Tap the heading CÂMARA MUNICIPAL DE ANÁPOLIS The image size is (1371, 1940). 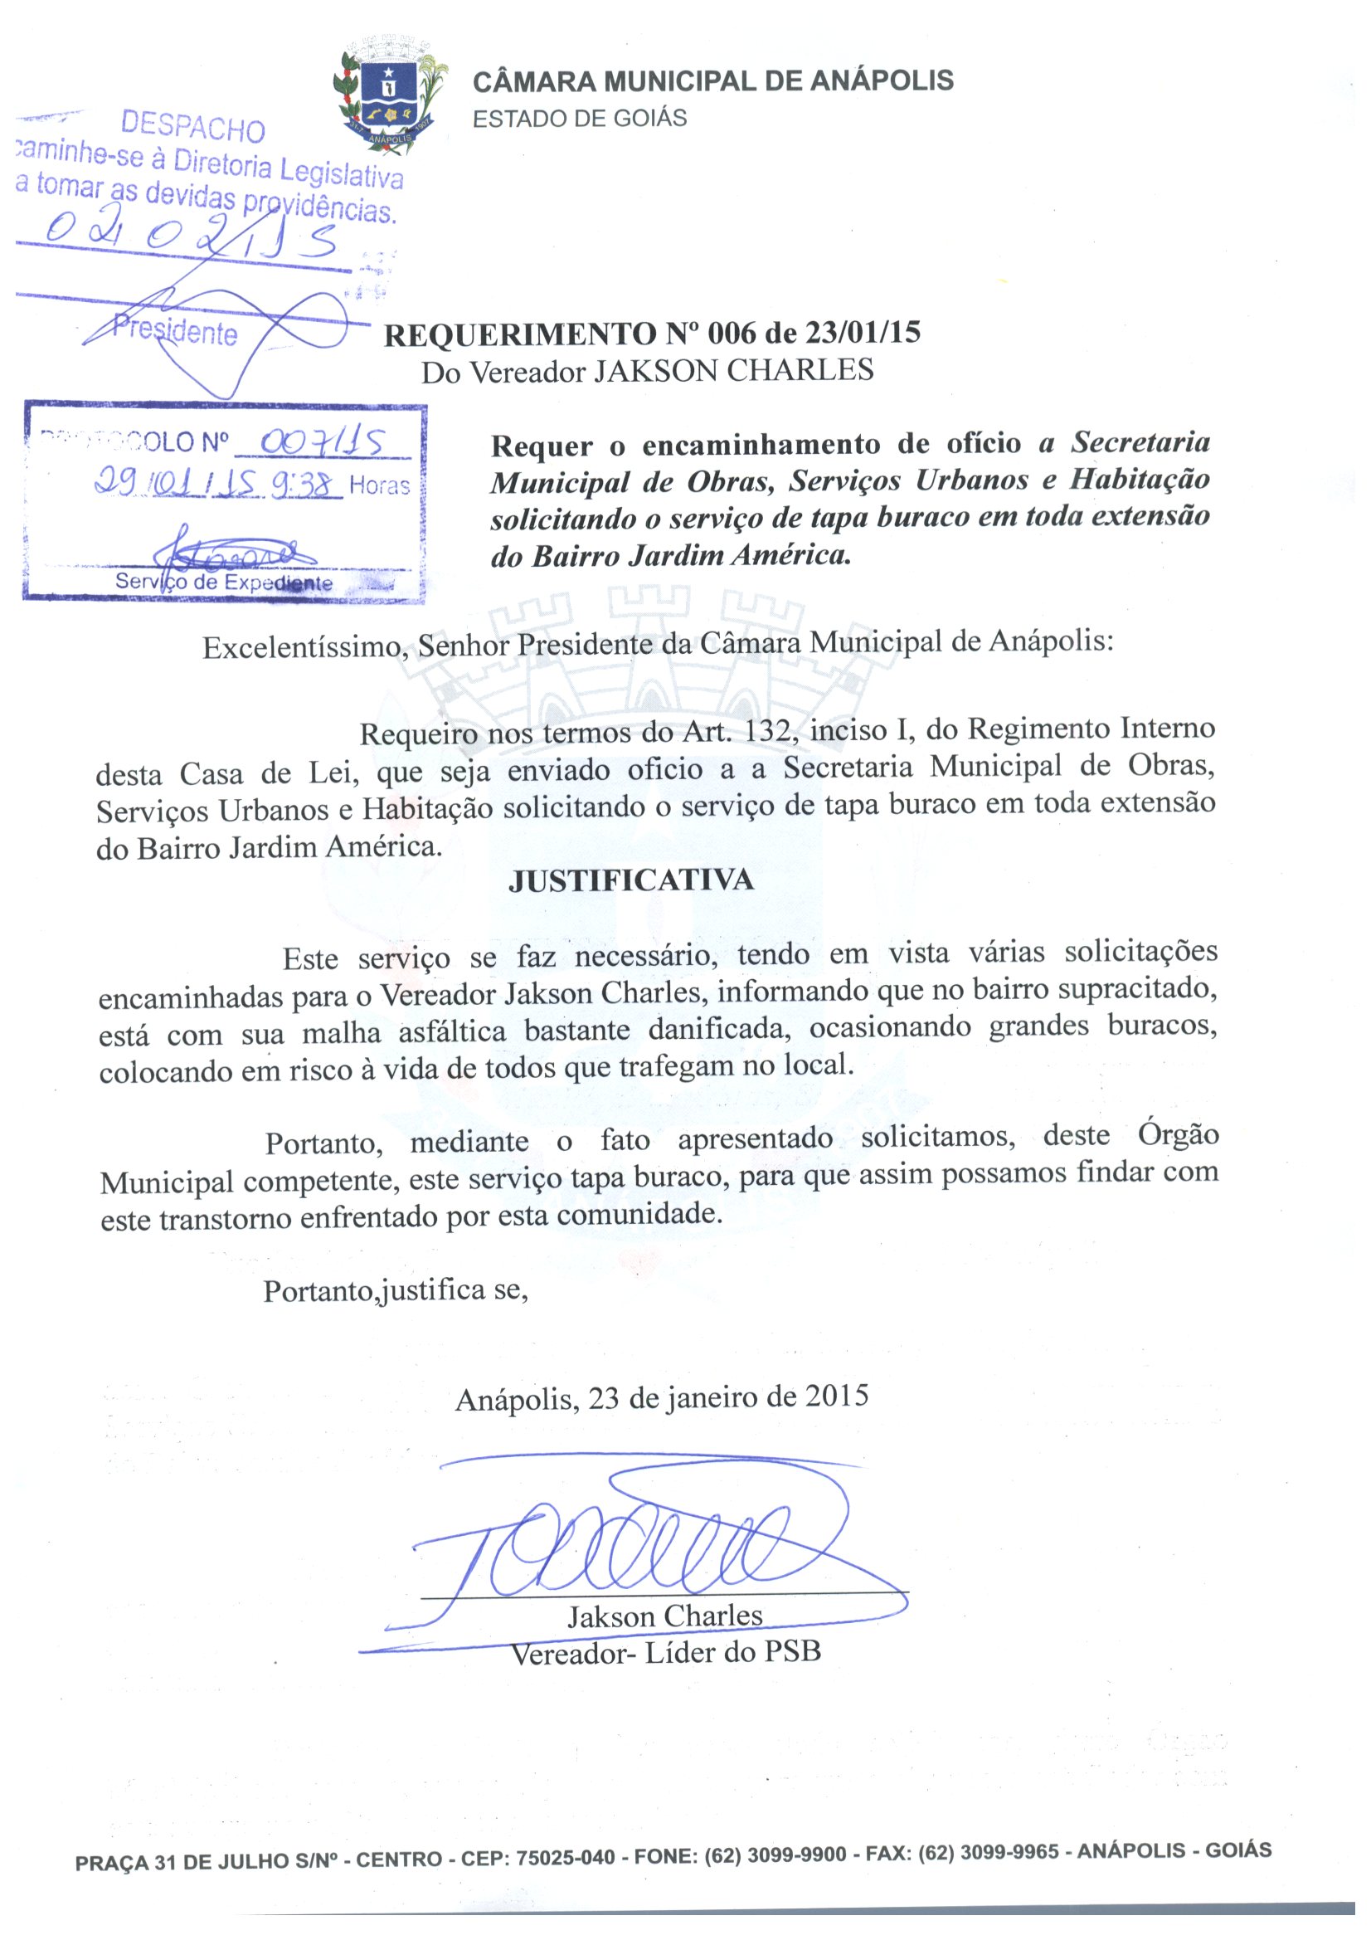pyautogui.click(x=712, y=81)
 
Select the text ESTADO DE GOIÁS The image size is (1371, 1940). pyautogui.click(x=580, y=119)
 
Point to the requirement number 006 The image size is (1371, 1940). pyautogui.click(x=732, y=334)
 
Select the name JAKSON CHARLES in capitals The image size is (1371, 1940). pyautogui.click(x=733, y=371)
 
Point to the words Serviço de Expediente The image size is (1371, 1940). pyautogui.click(x=224, y=582)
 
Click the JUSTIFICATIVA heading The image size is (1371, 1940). pyautogui.click(x=630, y=881)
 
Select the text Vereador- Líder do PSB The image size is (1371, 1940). pyautogui.click(x=666, y=1653)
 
